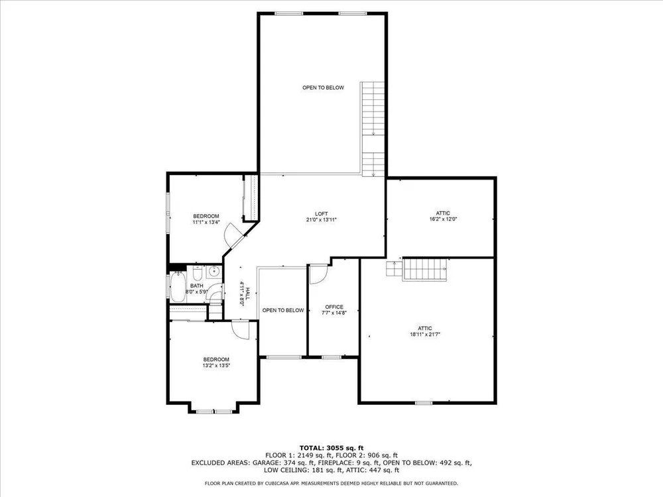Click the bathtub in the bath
coord(178,288)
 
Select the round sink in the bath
coord(213,272)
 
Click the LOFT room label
coord(322,214)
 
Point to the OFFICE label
coord(334,307)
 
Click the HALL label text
coord(248,294)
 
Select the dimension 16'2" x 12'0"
coord(443,219)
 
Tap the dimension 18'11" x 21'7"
coord(425,334)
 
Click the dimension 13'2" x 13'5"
coord(216,366)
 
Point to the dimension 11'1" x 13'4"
coord(206,222)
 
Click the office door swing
coord(318,274)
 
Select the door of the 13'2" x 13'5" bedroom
coord(241,329)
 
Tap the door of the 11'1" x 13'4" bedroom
coord(234,235)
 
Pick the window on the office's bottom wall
coord(331,357)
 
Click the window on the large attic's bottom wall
coord(424,403)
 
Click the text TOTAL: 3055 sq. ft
coord(331,448)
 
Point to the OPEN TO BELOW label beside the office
coord(283,310)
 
